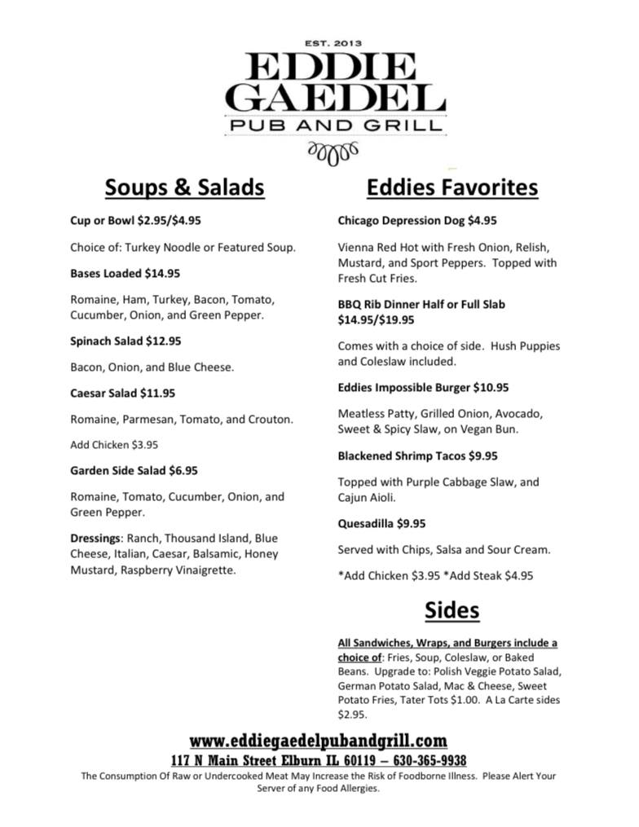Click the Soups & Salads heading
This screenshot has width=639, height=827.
coord(184,187)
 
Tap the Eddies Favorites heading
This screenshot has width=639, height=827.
coord(452,187)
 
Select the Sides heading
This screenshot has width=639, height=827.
coord(452,609)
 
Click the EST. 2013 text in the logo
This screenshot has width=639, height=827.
coord(333,43)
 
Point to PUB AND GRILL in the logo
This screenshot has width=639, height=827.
coord(334,125)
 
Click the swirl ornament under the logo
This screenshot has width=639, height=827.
coord(333,152)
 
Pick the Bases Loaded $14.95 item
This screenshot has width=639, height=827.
coord(126,273)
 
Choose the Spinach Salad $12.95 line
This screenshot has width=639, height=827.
coord(126,341)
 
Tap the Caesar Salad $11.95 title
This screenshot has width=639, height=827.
coord(122,393)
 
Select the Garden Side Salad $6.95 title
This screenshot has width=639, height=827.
coord(134,470)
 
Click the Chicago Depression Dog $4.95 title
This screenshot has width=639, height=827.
coord(416,220)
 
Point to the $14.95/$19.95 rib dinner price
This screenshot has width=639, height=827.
coord(376,319)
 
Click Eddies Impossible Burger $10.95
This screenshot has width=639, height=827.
coord(423,387)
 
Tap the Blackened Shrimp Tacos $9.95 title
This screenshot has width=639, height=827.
coord(417,455)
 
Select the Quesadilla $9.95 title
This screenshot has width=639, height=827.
coord(381,523)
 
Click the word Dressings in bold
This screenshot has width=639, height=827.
coord(95,538)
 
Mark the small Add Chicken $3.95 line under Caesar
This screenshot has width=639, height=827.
coord(114,445)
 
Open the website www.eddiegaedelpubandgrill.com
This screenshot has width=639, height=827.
coord(319,741)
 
